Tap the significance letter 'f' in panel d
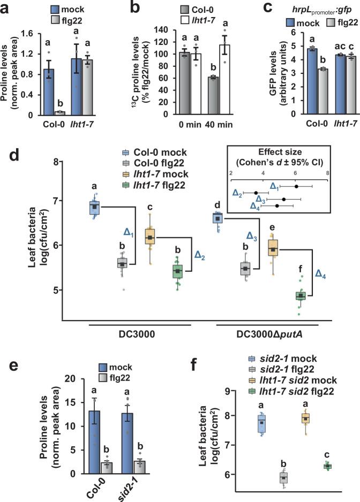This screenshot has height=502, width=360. pos(301,270)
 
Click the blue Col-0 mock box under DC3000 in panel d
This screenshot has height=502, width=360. pos(94,207)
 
